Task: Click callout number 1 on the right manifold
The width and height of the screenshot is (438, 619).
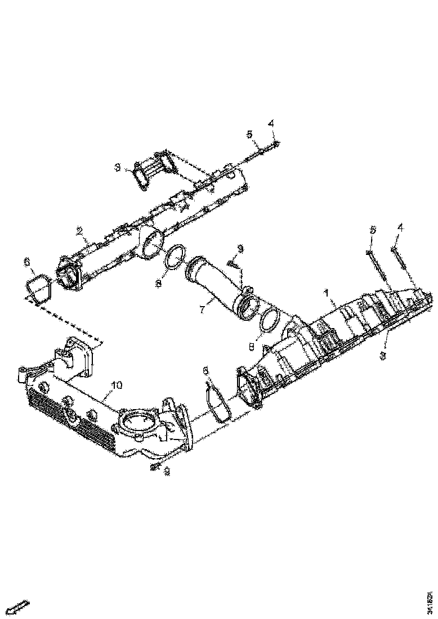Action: point(325,294)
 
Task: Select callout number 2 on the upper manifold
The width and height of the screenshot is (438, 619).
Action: point(80,231)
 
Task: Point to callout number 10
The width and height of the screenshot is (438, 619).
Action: point(116,385)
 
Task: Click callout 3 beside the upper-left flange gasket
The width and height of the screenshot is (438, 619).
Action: point(118,167)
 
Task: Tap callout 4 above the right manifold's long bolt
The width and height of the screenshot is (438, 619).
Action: point(400,227)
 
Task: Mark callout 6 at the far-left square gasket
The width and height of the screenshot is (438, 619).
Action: point(26,262)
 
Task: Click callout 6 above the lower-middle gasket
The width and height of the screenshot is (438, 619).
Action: point(206,371)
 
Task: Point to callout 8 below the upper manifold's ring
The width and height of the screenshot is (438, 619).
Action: point(158,284)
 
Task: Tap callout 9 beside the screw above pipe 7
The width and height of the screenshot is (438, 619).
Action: point(240,248)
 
